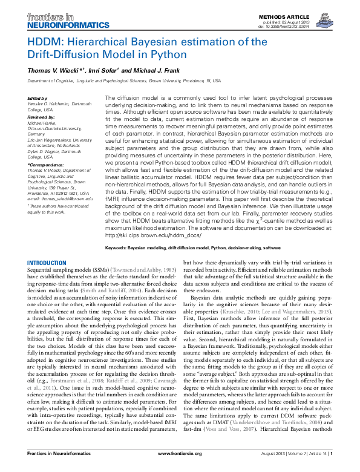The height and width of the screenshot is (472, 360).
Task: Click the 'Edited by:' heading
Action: click(x=38, y=98)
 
